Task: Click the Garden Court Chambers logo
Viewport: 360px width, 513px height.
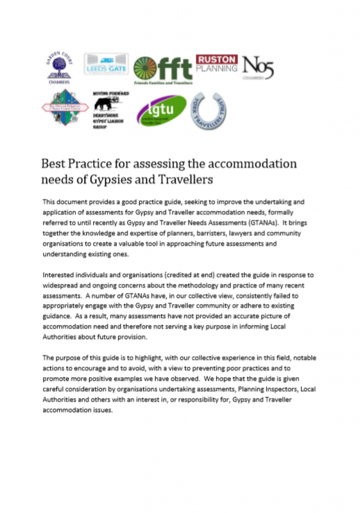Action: [60, 68]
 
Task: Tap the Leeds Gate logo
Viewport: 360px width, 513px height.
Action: [106, 64]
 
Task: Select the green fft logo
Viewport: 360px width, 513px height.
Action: [163, 70]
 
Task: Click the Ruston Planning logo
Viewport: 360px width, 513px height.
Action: [216, 64]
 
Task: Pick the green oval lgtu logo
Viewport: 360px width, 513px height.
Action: [162, 111]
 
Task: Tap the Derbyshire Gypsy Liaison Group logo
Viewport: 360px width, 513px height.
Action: [111, 110]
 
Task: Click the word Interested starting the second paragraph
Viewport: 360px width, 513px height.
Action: [60, 276]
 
